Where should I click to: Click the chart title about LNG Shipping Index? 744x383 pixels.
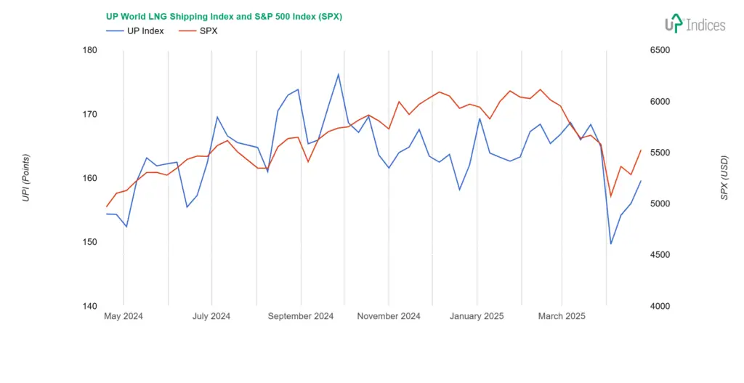[x=224, y=16]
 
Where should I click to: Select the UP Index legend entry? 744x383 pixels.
[x=135, y=31]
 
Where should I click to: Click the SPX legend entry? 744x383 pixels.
[x=198, y=31]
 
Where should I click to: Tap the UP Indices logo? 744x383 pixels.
[x=695, y=24]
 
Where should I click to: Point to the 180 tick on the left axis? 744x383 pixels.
[x=90, y=50]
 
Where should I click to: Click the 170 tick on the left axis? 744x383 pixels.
[x=90, y=114]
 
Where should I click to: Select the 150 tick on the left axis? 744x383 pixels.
[x=90, y=242]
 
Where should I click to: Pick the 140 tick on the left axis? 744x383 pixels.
[x=90, y=306]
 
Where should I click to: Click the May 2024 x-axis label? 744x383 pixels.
[x=124, y=316]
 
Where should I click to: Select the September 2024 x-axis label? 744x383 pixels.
[x=301, y=316]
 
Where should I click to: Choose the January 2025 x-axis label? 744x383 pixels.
[x=477, y=316]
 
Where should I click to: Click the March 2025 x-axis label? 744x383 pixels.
[x=562, y=316]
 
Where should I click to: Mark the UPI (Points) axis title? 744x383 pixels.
[x=26, y=178]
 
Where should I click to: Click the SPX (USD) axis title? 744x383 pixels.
[x=724, y=178]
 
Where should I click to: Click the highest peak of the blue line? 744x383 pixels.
[x=338, y=74]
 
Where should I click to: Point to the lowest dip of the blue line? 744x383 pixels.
[x=610, y=243]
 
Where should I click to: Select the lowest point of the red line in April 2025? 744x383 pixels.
[x=610, y=196]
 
